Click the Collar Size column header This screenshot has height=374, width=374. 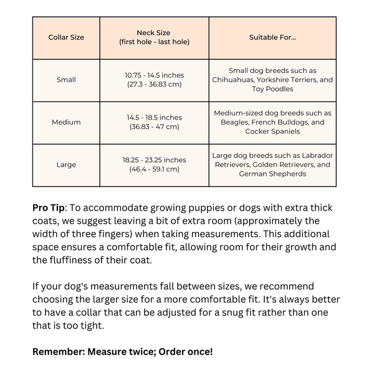click(x=66, y=37)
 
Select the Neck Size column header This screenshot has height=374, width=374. click(x=154, y=37)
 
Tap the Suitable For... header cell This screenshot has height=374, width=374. click(x=272, y=37)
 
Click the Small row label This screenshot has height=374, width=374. click(x=66, y=80)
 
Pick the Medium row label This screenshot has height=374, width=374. click(x=66, y=122)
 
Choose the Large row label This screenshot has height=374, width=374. click(x=66, y=165)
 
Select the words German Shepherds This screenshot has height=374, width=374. click(x=272, y=174)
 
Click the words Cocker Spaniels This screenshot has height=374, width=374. click(x=272, y=132)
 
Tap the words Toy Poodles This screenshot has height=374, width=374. click(x=272, y=89)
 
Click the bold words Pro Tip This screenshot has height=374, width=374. click(x=49, y=208)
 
